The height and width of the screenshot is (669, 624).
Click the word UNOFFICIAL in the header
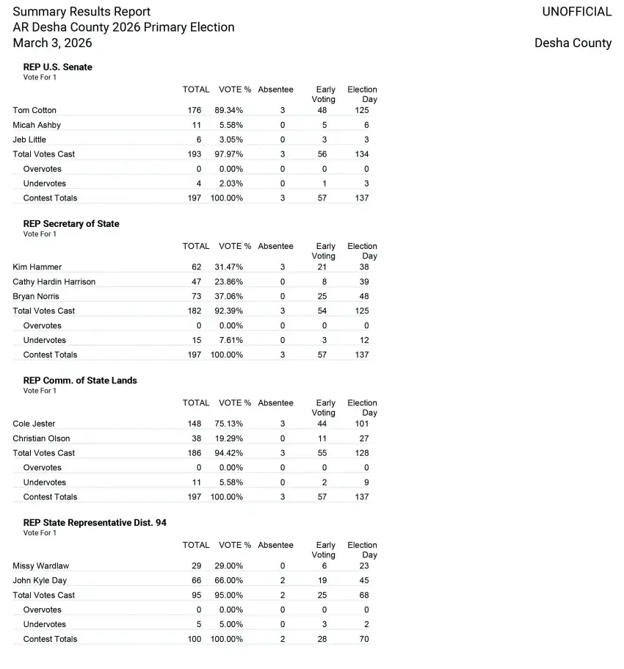tap(576, 12)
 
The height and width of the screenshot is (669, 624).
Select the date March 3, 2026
tap(52, 43)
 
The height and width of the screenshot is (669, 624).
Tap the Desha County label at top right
tap(573, 43)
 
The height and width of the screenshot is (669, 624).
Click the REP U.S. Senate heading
tap(58, 67)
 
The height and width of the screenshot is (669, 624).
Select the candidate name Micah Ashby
tap(37, 125)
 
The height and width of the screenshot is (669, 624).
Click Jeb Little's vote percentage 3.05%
tap(232, 140)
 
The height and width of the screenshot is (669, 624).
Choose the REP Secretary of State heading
tap(71, 224)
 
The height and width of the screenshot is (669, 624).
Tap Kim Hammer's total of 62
tap(197, 267)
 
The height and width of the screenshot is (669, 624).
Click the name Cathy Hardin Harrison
tap(54, 282)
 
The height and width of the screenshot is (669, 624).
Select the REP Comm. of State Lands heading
tap(80, 380)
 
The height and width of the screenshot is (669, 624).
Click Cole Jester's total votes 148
tap(195, 424)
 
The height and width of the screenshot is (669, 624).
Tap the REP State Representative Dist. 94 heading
tap(95, 523)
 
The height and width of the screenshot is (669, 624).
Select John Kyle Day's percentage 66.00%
tap(230, 581)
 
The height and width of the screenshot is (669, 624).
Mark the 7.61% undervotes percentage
tap(232, 340)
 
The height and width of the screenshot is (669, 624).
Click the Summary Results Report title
tap(81, 12)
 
